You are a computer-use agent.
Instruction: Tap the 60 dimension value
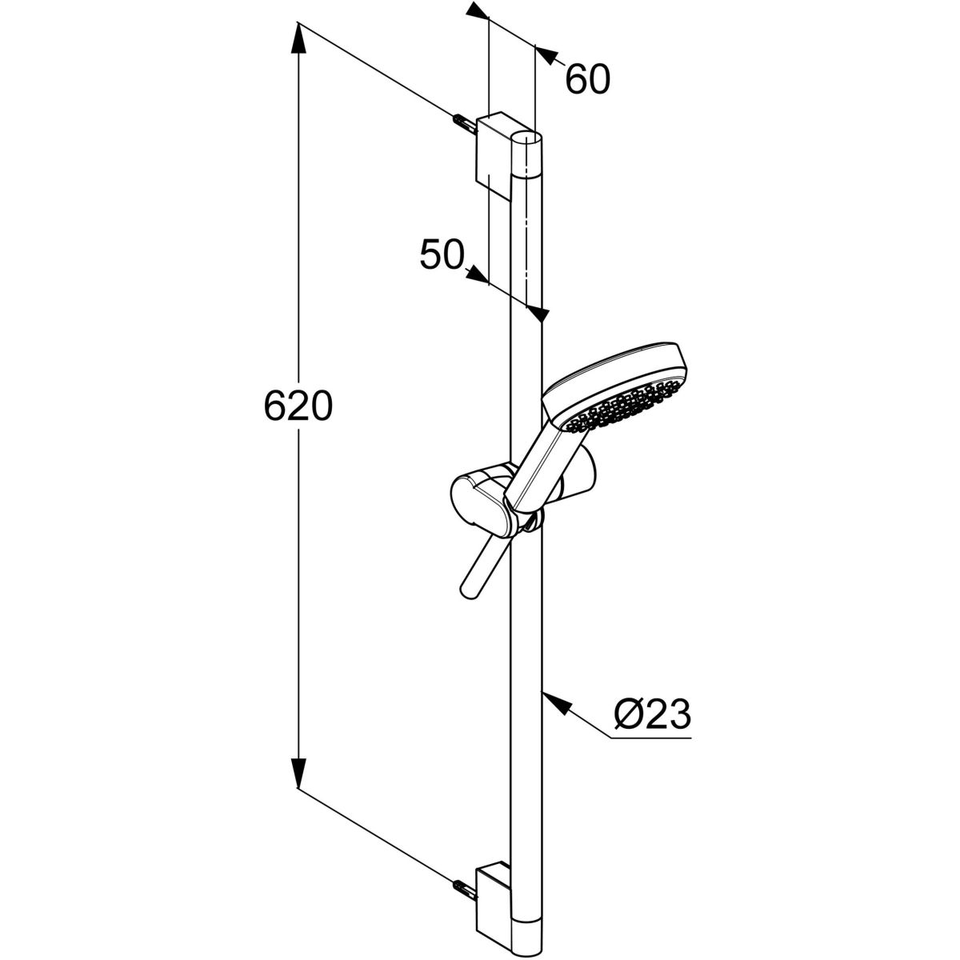tap(588, 79)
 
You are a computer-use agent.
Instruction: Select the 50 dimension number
tap(442, 255)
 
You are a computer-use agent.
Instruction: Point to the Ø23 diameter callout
tap(653, 714)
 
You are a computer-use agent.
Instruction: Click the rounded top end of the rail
tap(527, 137)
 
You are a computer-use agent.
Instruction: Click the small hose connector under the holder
tap(531, 525)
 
